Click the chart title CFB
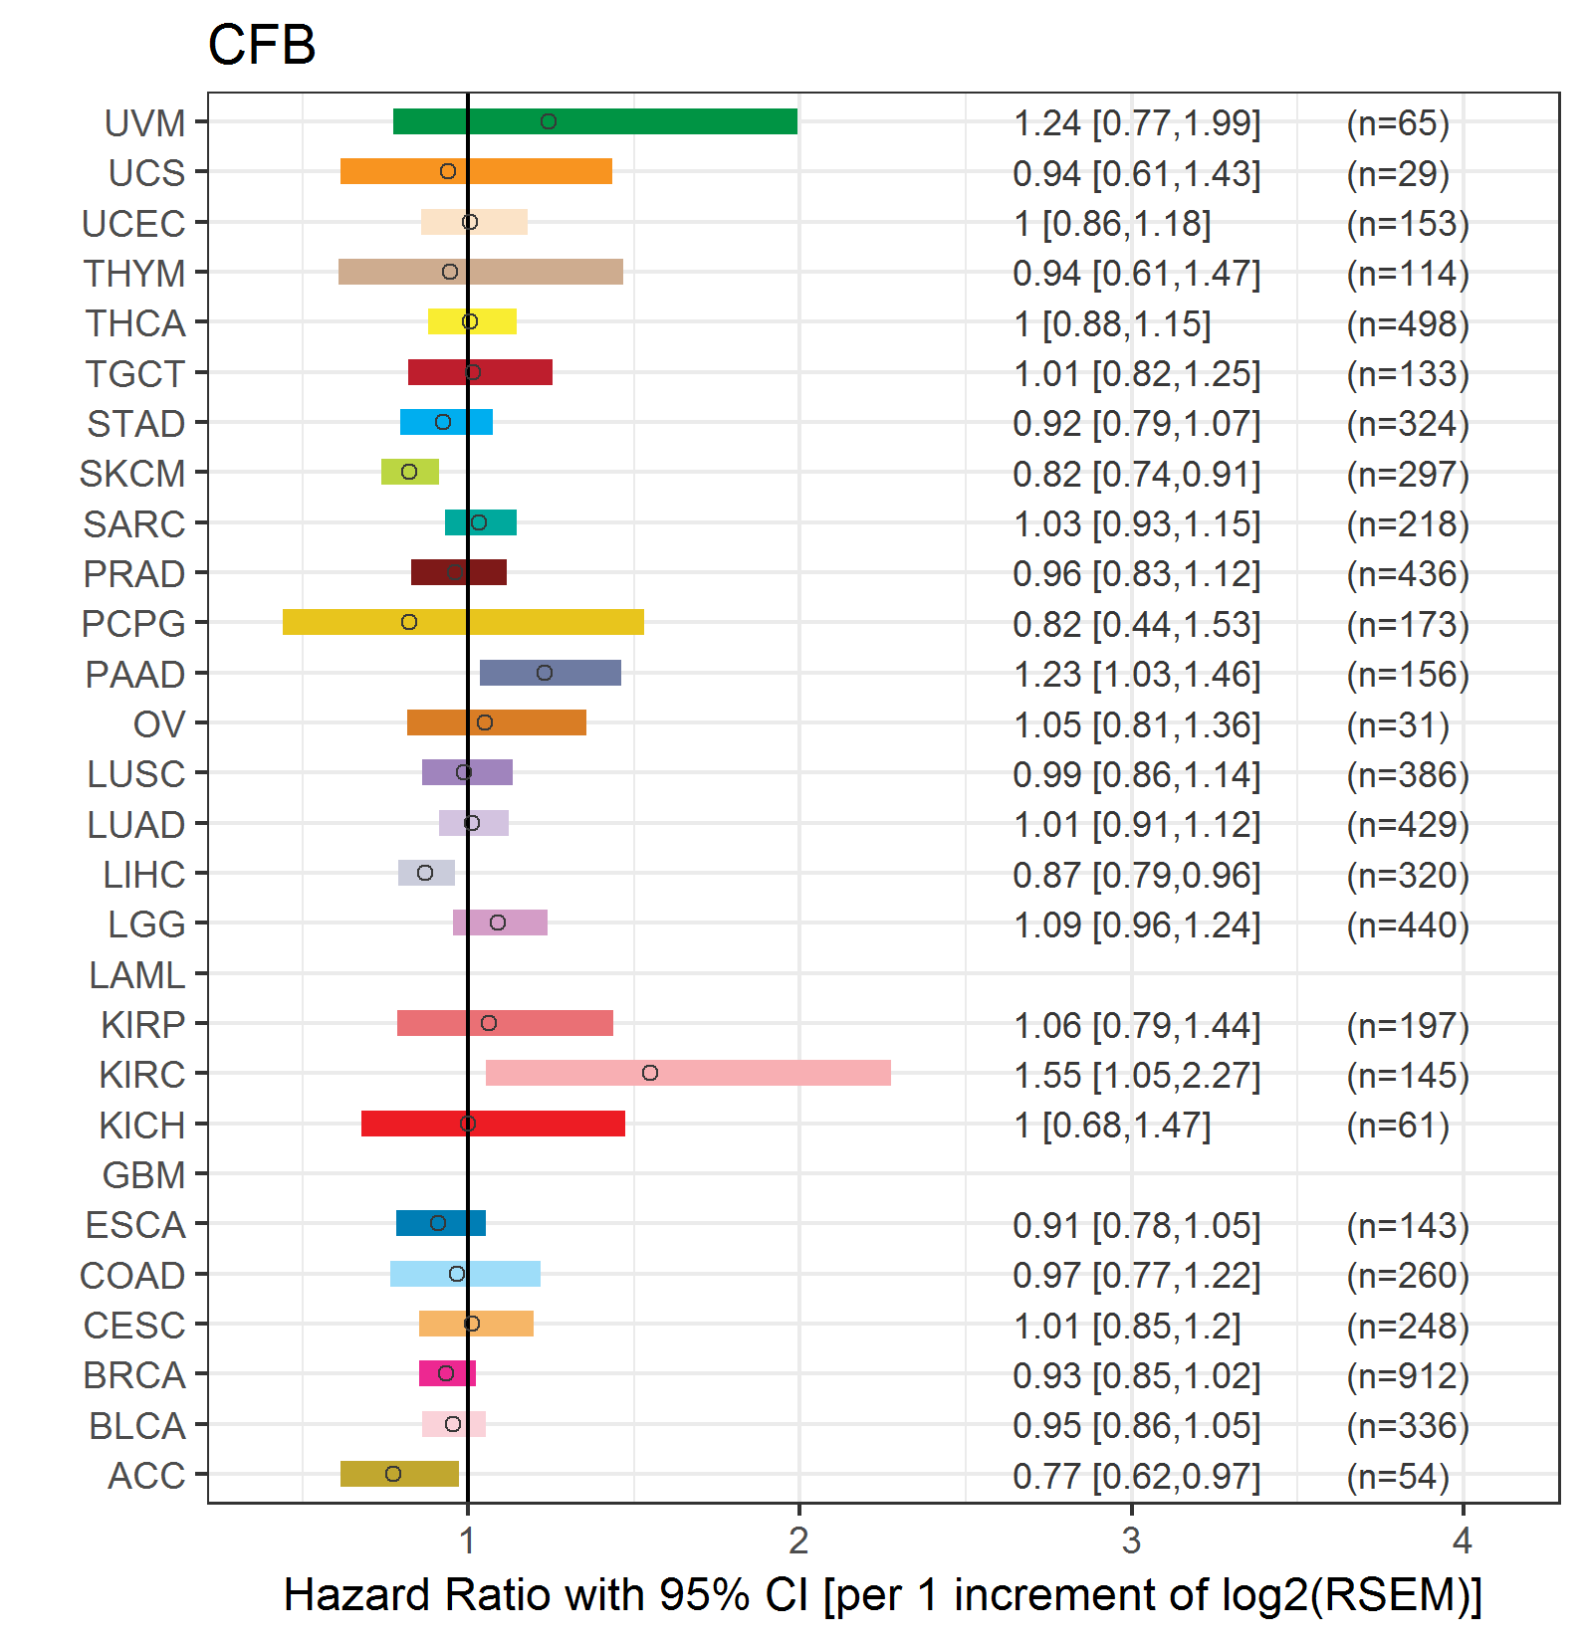click(262, 46)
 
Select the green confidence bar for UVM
click(595, 121)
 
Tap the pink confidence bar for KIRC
click(688, 1073)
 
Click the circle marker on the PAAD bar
click(545, 673)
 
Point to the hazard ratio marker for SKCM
click(409, 472)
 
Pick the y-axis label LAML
click(137, 975)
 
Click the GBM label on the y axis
click(144, 1175)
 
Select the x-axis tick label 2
click(798, 1540)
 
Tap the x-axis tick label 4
click(1463, 1540)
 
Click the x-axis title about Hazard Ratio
click(883, 1594)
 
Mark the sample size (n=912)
click(1408, 1375)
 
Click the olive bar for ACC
click(399, 1474)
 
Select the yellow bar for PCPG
click(463, 622)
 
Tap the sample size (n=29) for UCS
click(1398, 173)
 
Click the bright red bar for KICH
click(493, 1124)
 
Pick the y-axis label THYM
click(134, 274)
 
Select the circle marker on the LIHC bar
click(425, 873)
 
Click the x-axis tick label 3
click(1131, 1540)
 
